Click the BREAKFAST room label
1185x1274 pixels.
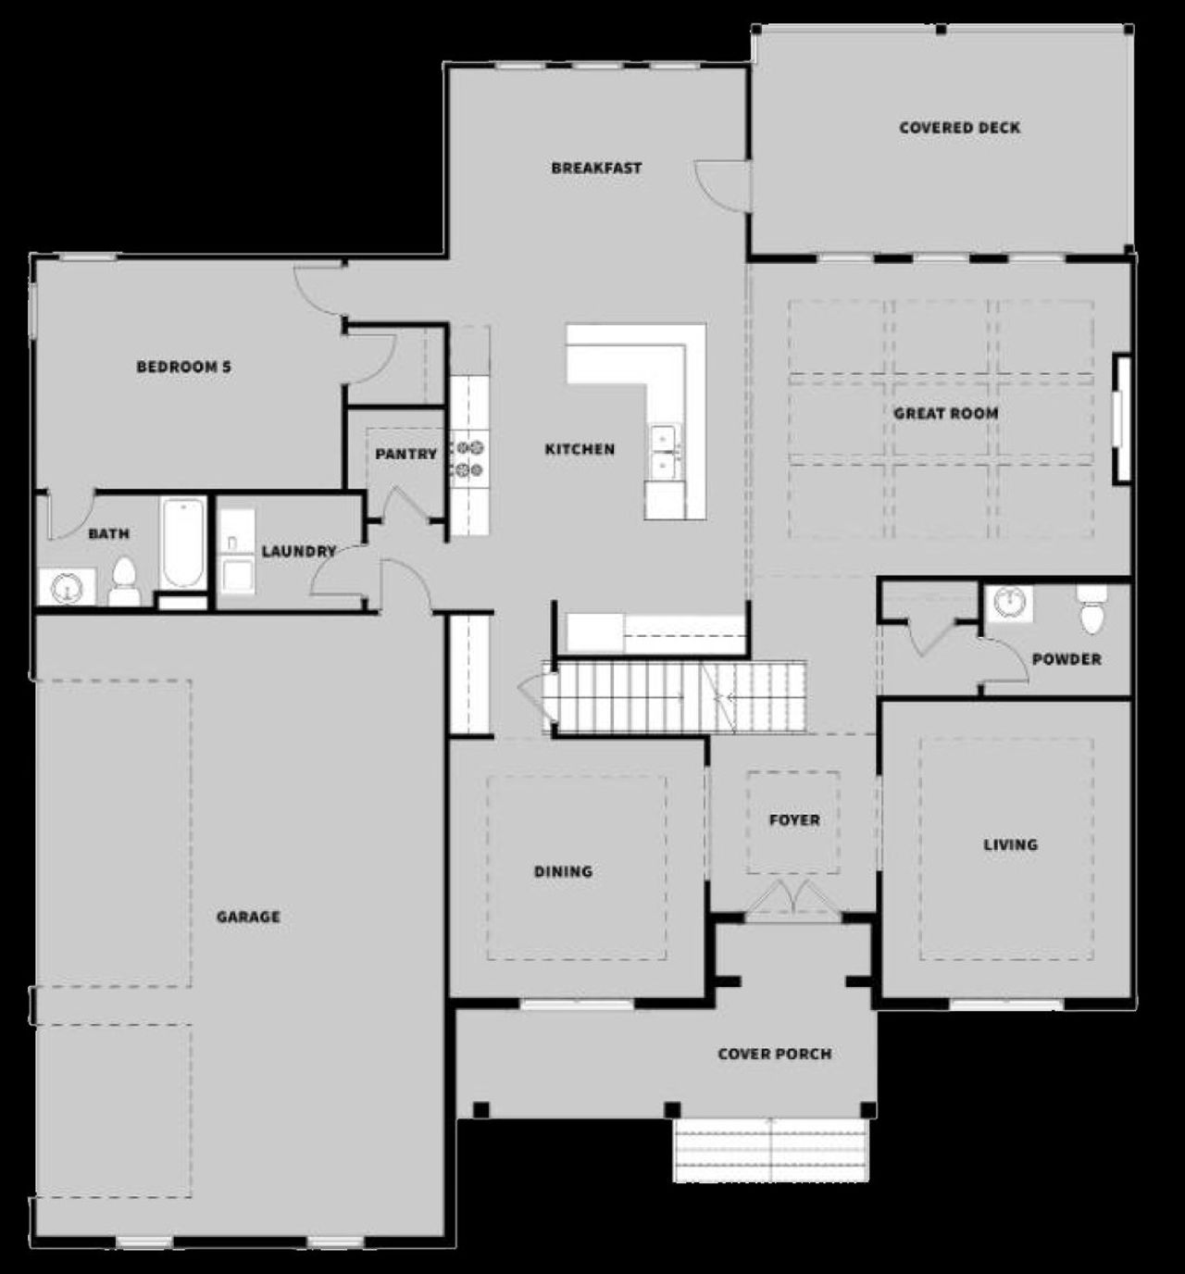tap(596, 169)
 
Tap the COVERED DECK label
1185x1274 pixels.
tap(959, 128)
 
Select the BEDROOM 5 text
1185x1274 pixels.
tap(183, 367)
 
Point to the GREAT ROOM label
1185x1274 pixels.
tap(945, 413)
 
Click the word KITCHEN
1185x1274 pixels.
tap(580, 449)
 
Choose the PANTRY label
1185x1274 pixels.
tap(405, 455)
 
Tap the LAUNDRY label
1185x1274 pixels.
tap(298, 551)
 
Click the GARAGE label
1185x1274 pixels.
tap(248, 917)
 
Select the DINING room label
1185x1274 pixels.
tap(563, 871)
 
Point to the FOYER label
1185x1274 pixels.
tap(794, 820)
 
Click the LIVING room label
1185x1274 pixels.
tap(1010, 844)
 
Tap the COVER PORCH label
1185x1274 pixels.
tap(774, 1054)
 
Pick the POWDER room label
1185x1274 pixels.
tap(1066, 659)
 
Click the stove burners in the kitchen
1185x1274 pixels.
tap(469, 458)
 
